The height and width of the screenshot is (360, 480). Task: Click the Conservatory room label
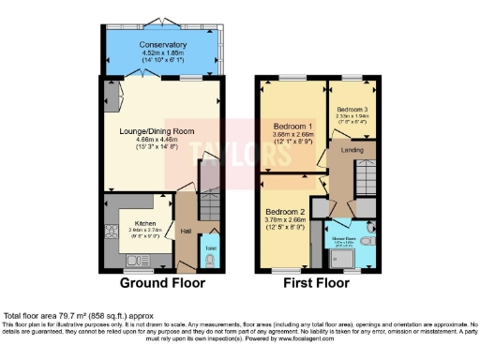(x=163, y=44)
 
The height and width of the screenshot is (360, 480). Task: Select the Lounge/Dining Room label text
(x=163, y=130)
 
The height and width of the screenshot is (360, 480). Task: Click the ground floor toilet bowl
(x=208, y=254)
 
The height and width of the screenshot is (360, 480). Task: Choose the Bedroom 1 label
(x=292, y=126)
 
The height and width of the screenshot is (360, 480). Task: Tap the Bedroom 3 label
(x=352, y=110)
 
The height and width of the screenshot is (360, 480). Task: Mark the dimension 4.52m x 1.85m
(x=163, y=53)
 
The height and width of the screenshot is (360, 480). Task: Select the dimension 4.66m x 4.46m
(x=163, y=140)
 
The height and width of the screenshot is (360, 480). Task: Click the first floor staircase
(x=367, y=175)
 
